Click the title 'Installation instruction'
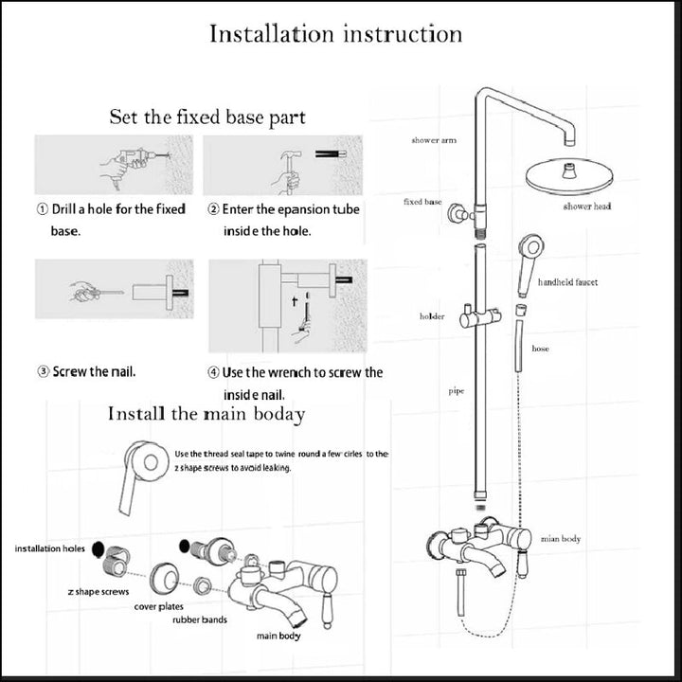(x=335, y=35)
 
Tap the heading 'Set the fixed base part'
(x=207, y=118)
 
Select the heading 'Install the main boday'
(x=206, y=414)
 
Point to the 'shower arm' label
(x=433, y=140)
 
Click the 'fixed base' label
(x=422, y=202)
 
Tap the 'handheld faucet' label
(x=567, y=282)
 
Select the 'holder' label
(x=432, y=316)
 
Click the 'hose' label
(x=540, y=349)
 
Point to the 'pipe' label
(x=456, y=390)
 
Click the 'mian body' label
(x=560, y=539)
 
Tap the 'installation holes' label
(x=49, y=548)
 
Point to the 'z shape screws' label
(x=99, y=591)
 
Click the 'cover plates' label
(x=158, y=606)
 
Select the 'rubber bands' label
(x=200, y=620)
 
